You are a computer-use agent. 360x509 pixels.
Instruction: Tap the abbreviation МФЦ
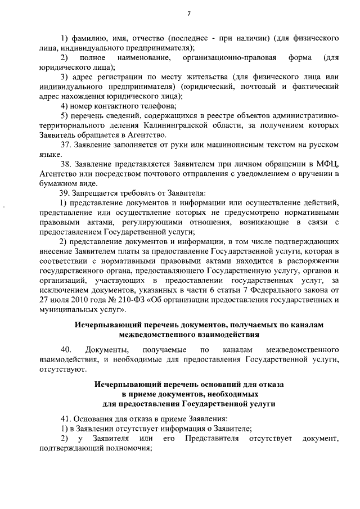click(x=329, y=164)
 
